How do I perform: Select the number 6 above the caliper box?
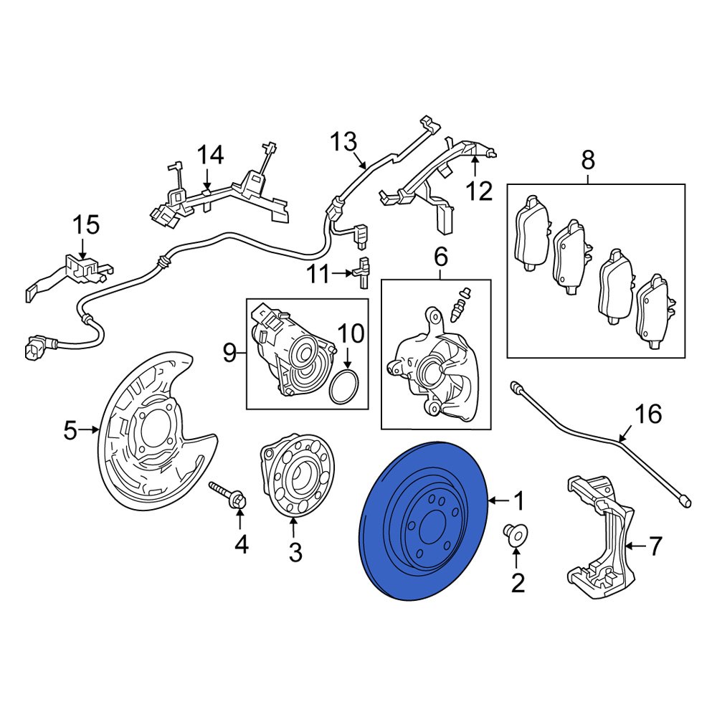[440, 256]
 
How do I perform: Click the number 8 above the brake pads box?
[588, 160]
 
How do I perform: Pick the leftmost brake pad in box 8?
[531, 234]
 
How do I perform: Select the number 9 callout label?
[229, 352]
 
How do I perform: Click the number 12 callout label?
[480, 191]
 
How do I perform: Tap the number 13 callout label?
[343, 142]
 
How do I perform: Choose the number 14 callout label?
[211, 156]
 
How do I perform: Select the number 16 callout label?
[649, 414]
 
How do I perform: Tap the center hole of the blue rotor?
[428, 531]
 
